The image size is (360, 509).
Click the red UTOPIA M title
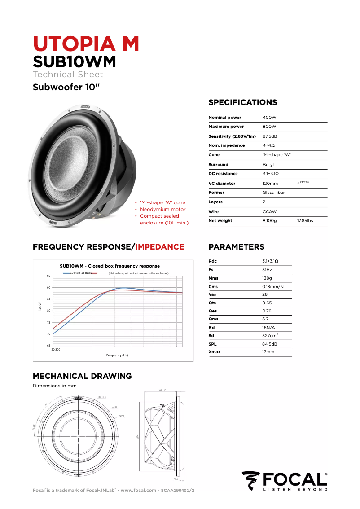(86, 44)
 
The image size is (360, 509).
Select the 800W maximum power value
(269, 127)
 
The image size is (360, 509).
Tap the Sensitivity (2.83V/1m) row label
(232, 136)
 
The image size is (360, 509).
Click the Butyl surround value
(268, 165)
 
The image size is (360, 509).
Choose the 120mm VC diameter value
(270, 184)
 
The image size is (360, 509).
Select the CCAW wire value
(269, 211)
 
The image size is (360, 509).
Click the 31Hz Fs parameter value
(267, 270)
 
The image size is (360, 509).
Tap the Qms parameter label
(214, 319)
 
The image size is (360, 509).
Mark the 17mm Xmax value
(268, 352)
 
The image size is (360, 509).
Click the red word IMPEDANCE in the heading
(160, 247)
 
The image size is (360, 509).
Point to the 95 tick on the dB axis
(48, 276)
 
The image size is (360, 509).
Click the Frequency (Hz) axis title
(117, 355)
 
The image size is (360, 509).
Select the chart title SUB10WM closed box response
(110, 266)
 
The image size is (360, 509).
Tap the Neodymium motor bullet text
(162, 209)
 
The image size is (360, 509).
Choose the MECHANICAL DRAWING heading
(82, 376)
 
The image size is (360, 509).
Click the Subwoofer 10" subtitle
(65, 87)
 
